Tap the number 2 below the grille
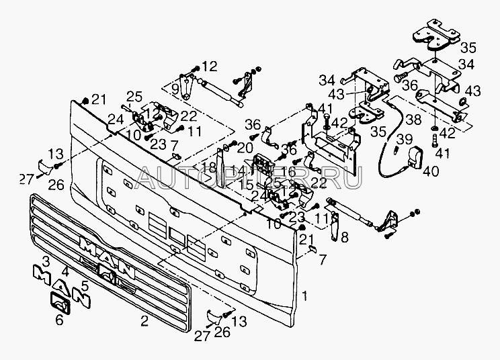click(144, 321)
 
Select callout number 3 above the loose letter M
click(46, 260)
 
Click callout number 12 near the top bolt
click(210, 67)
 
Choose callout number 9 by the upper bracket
click(174, 88)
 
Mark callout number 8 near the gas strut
click(345, 236)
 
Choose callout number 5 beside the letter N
click(85, 284)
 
